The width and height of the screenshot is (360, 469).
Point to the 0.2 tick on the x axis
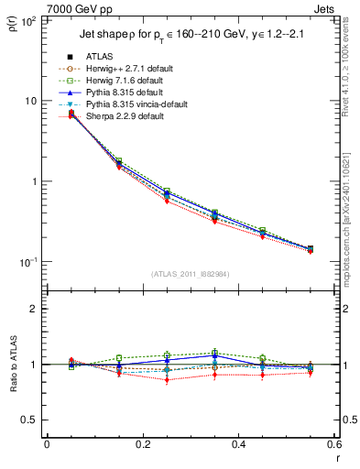142,444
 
